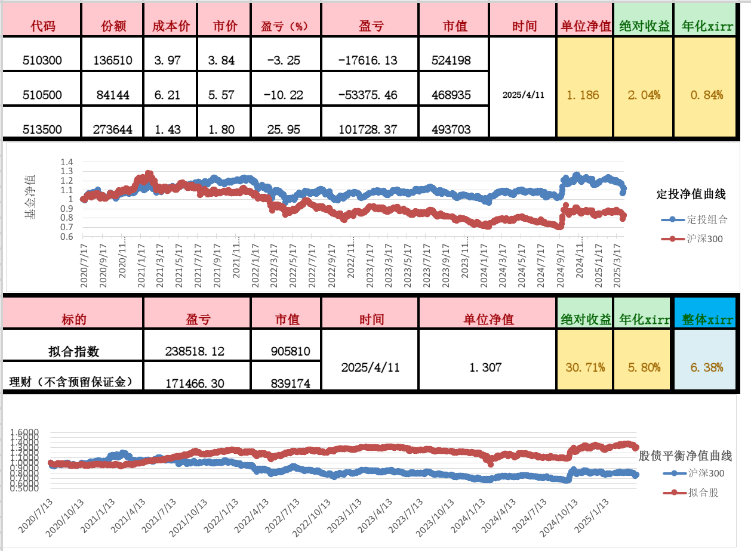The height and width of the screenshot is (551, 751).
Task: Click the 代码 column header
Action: click(42, 26)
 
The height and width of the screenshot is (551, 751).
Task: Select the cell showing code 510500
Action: click(42, 95)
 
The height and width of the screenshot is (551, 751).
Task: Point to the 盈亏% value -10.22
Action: click(285, 95)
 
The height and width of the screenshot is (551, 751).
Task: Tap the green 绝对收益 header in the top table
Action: click(644, 26)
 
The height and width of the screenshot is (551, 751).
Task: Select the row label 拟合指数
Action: click(74, 352)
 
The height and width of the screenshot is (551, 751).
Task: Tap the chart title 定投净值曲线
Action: click(691, 194)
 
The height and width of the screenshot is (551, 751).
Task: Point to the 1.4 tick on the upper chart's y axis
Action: click(66, 162)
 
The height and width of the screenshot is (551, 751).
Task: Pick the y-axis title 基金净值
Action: click(29, 197)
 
